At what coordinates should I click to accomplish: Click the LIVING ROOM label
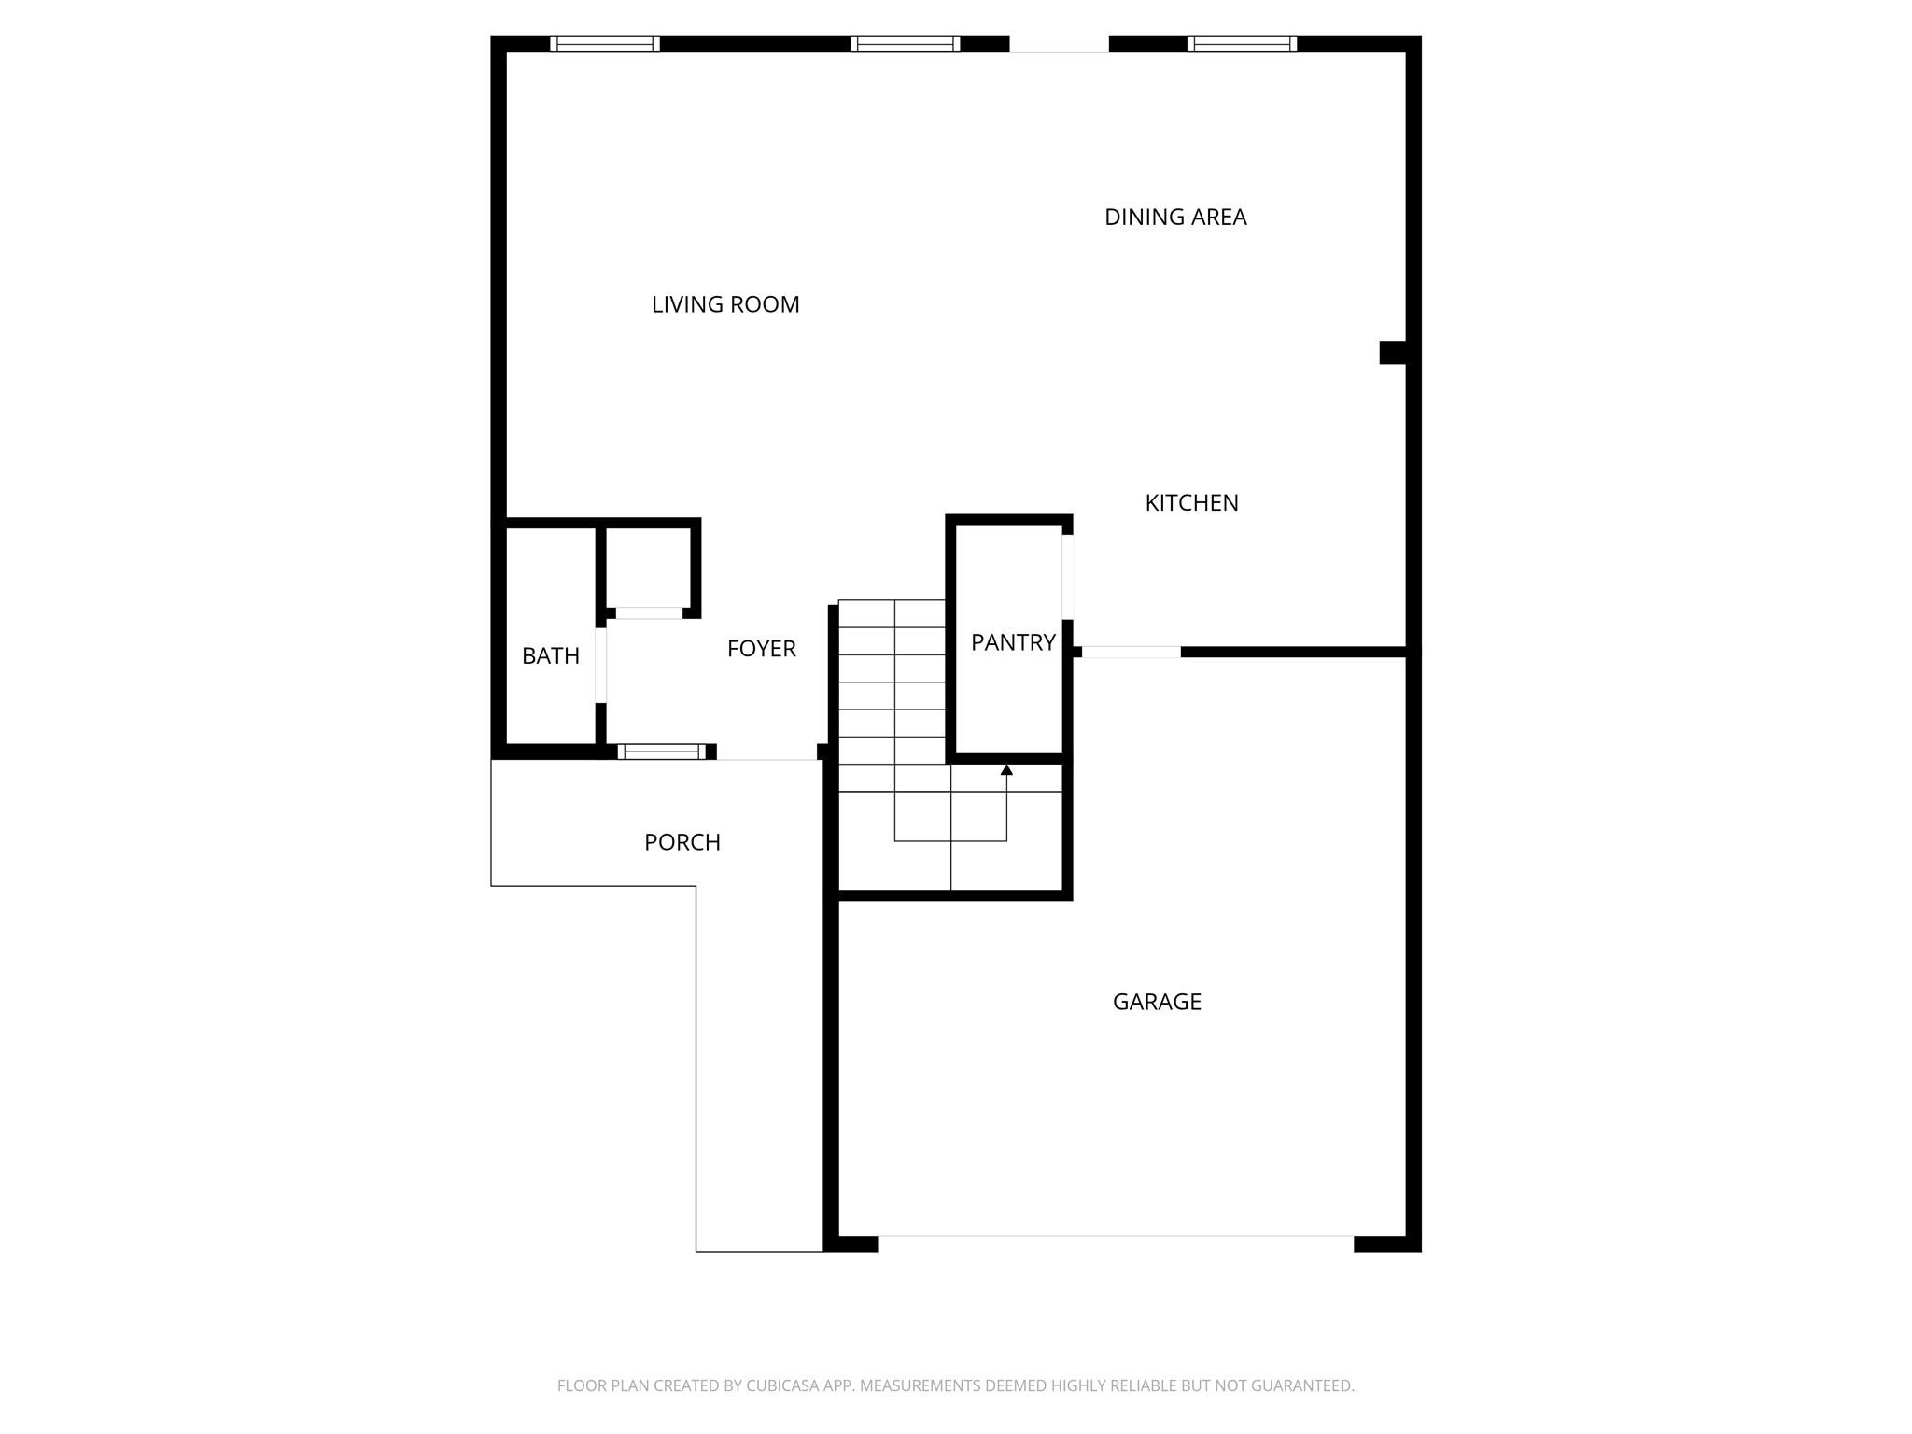point(725,304)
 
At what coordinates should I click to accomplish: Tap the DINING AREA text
point(1175,218)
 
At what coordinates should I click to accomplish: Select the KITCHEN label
point(1191,503)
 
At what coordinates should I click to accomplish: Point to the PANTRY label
point(1013,642)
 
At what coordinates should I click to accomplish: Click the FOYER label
point(761,649)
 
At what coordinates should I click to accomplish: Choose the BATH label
point(551,656)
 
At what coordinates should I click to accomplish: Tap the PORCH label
point(682,842)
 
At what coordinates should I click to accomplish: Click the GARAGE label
point(1157,1002)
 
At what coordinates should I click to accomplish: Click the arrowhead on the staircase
point(1006,770)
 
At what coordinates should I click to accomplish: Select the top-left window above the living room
point(605,44)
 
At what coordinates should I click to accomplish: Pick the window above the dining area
point(1242,44)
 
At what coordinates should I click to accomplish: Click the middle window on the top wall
point(905,44)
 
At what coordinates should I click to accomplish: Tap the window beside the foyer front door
point(662,752)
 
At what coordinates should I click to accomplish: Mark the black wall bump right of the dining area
point(1393,352)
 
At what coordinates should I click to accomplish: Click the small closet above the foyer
point(649,568)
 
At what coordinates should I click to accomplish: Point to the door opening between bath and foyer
point(600,665)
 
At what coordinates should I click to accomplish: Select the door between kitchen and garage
point(1131,652)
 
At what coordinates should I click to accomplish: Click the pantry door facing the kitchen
point(1067,576)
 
